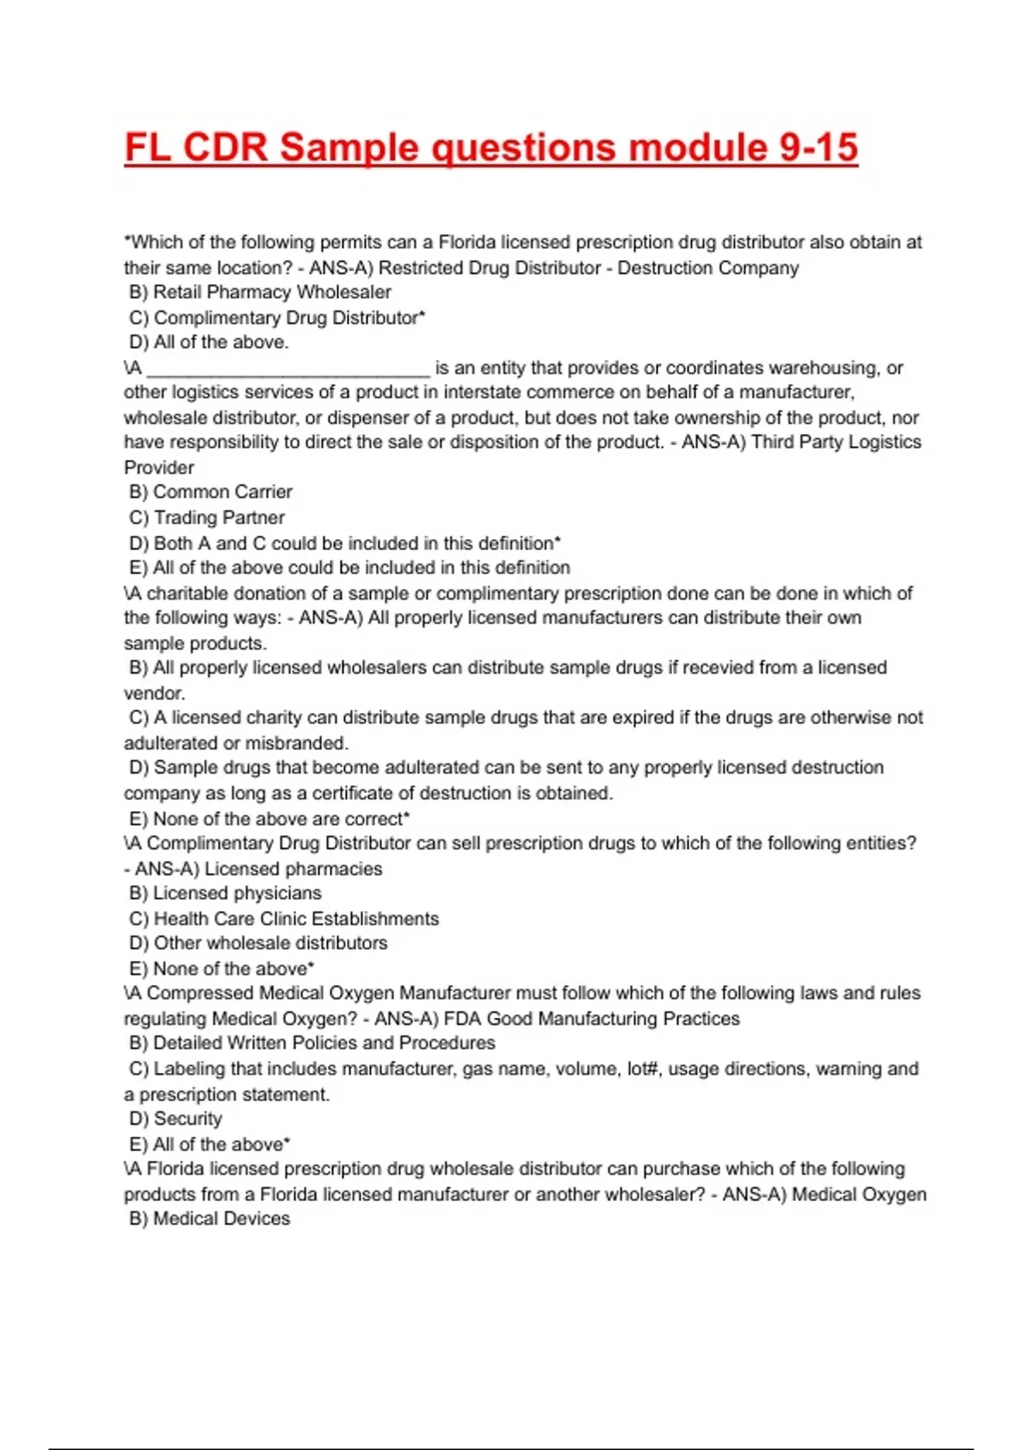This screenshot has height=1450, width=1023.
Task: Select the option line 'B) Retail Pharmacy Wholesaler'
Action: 260,293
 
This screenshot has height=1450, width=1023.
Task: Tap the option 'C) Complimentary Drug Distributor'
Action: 277,318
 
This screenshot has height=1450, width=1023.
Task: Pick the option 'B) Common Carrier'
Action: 211,492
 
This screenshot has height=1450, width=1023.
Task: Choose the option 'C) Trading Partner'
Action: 207,518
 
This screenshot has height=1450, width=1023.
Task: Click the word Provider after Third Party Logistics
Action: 159,467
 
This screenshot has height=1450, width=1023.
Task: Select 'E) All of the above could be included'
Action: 350,568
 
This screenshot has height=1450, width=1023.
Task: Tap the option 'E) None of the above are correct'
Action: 269,819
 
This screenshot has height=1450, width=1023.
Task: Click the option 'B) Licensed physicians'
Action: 226,893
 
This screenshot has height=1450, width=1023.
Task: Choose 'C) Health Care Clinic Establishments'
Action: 284,919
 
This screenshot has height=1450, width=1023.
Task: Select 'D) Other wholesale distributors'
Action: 258,943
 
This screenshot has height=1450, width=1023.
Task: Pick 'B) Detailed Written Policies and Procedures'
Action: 312,1043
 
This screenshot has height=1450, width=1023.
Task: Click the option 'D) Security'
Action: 176,1119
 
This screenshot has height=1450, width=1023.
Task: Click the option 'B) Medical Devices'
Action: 210,1219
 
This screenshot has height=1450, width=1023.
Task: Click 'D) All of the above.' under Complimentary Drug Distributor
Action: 209,343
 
